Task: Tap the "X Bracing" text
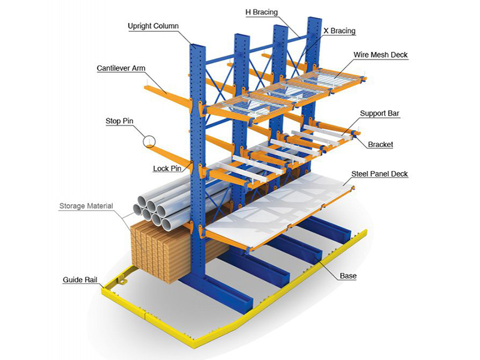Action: point(339,31)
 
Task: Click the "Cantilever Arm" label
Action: point(121,68)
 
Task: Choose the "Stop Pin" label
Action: point(119,121)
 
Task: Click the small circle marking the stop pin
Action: point(149,142)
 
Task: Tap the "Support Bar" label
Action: point(380,113)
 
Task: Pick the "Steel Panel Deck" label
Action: point(379,174)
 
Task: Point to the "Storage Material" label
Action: point(87,206)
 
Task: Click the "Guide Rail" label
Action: point(81,280)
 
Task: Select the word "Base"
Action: point(348,277)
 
